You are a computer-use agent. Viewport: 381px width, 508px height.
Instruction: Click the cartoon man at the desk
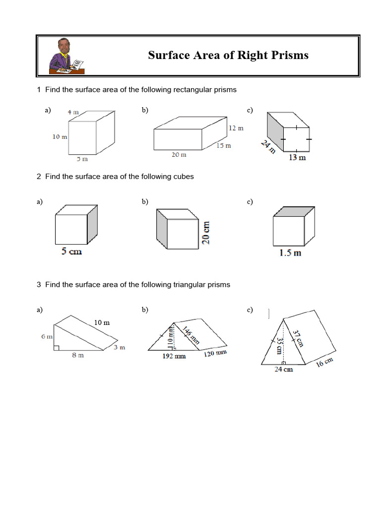click(x=66, y=56)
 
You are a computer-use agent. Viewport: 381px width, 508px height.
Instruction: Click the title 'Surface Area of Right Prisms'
click(x=228, y=55)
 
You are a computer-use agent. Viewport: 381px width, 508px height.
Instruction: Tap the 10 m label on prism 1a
click(x=60, y=137)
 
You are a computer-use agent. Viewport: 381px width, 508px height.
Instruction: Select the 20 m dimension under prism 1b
click(x=179, y=155)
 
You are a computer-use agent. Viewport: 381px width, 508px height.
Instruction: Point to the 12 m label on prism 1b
click(x=236, y=128)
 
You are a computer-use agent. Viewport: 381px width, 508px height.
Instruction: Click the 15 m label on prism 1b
click(x=223, y=145)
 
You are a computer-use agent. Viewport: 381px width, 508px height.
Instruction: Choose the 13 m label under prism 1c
click(x=297, y=158)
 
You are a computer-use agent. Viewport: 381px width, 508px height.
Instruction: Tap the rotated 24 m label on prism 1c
click(x=268, y=147)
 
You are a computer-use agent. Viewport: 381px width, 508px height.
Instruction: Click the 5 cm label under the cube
click(x=71, y=252)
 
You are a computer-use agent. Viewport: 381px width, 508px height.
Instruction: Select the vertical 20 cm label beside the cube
click(x=206, y=232)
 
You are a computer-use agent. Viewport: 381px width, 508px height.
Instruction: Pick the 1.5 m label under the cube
click(x=290, y=253)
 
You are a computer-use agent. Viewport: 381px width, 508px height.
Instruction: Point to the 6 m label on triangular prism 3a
click(x=47, y=336)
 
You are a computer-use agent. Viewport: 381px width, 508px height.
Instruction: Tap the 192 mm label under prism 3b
click(x=174, y=356)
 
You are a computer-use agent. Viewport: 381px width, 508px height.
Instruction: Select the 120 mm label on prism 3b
click(x=215, y=354)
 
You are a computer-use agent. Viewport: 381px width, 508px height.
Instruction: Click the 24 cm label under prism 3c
click(x=284, y=370)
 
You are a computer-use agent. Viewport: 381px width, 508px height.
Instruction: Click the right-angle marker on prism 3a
click(x=57, y=347)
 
